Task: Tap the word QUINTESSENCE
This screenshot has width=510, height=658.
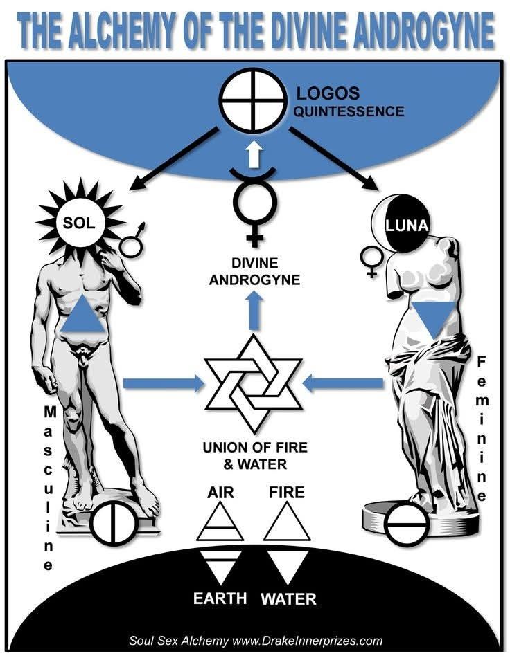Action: tap(342, 110)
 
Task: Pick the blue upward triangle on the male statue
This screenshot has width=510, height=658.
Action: tap(84, 316)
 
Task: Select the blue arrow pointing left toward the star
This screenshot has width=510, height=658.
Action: tap(346, 382)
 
